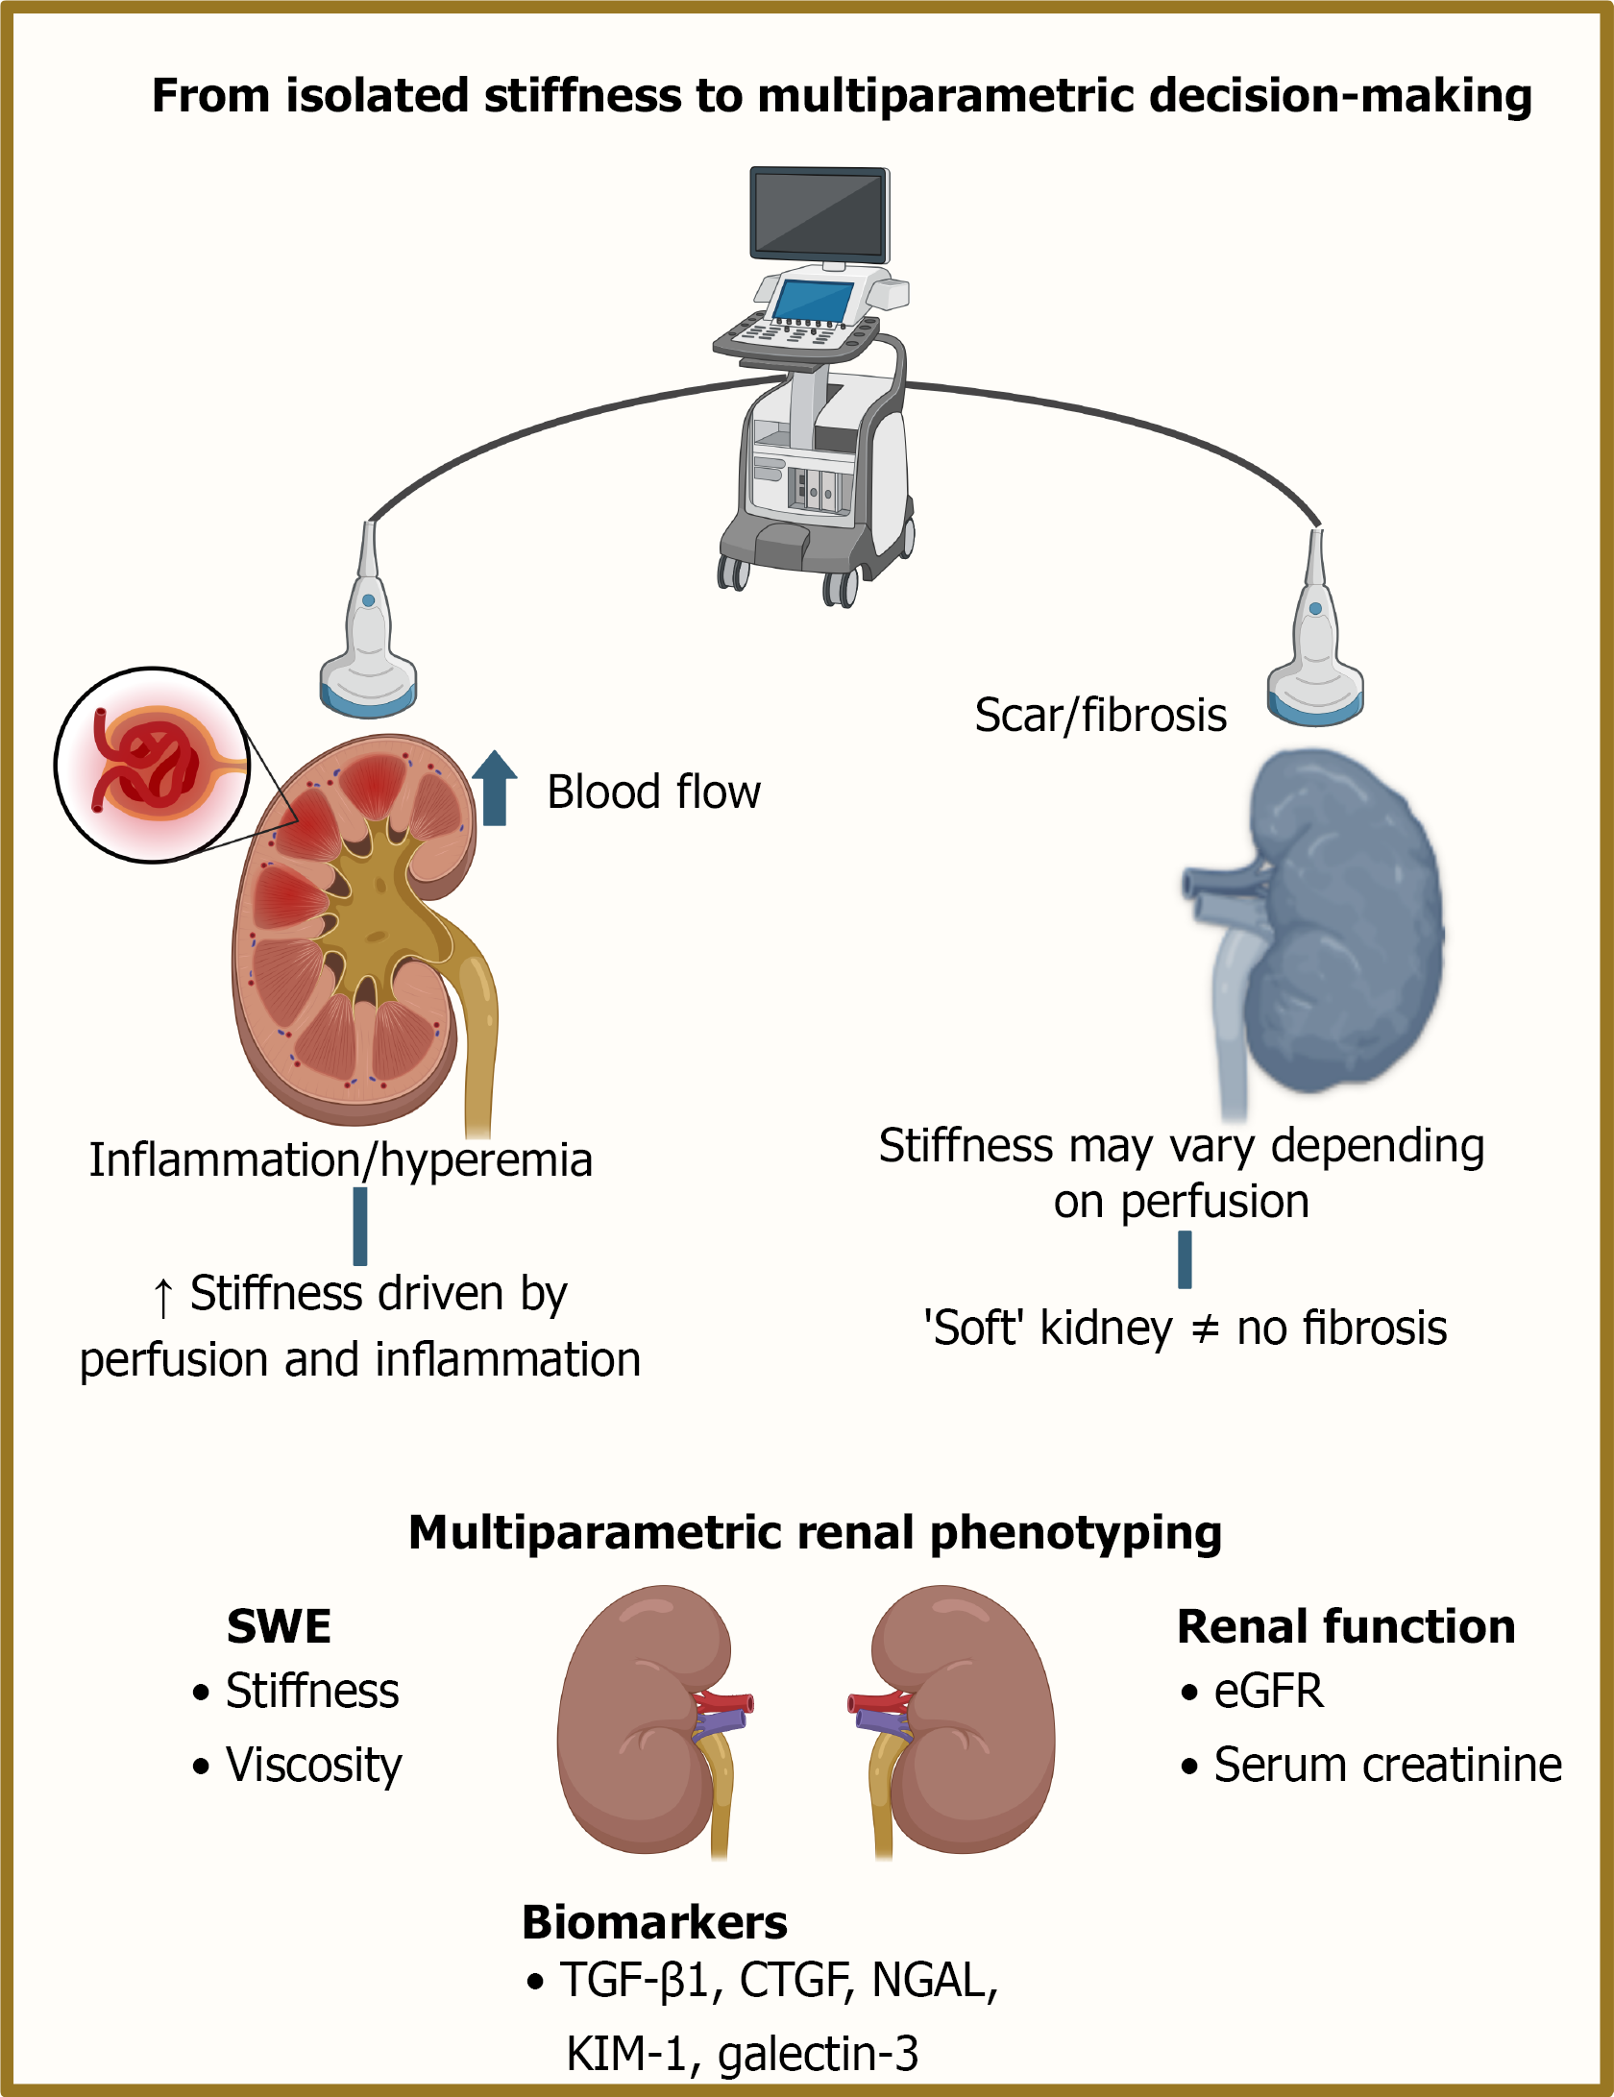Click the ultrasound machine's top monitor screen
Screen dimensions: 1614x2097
[x=819, y=212]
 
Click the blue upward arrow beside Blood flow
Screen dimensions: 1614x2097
[x=495, y=788]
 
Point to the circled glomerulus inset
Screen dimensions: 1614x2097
[x=152, y=765]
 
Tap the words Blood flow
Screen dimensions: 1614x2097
[x=653, y=792]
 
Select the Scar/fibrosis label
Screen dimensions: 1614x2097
[x=1101, y=716]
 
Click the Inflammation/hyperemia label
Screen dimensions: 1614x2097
[x=341, y=1160]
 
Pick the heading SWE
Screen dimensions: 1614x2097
[x=279, y=1626]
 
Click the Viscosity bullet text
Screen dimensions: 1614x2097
[x=313, y=1766]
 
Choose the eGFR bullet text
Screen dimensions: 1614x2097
[x=1268, y=1691]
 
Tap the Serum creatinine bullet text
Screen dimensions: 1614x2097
[x=1387, y=1765]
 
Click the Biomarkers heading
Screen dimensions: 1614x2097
[x=654, y=1922]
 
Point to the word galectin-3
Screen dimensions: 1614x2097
[x=818, y=2055]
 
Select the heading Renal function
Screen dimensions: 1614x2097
[x=1346, y=1626]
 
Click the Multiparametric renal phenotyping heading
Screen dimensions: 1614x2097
[x=815, y=1532]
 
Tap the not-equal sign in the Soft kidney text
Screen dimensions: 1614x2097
[x=1205, y=1329]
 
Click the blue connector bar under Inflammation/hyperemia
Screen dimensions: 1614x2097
[x=360, y=1227]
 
